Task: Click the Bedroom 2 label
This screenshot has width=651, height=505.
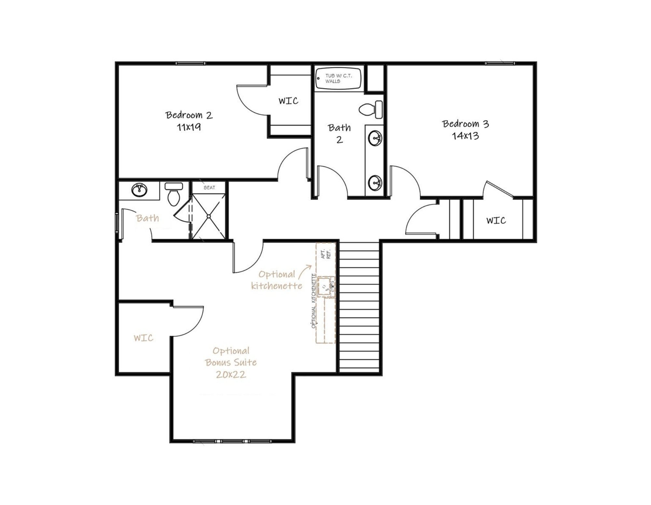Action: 189,115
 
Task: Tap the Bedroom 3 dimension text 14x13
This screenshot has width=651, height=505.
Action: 465,136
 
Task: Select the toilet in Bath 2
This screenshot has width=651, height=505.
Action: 371,109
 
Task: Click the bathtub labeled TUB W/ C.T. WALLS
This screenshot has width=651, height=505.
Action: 338,78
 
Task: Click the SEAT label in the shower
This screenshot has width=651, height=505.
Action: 209,188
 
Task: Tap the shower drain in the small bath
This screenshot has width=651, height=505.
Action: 209,216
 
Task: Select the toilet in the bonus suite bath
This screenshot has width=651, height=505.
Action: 173,194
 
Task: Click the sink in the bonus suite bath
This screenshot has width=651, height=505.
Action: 139,190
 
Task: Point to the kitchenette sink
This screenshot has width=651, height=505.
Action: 326,287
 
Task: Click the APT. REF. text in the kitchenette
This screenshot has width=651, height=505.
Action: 326,254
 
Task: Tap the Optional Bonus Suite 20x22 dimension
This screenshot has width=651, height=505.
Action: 231,374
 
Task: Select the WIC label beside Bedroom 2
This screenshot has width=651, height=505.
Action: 288,101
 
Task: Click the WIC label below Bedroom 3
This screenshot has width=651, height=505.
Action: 496,220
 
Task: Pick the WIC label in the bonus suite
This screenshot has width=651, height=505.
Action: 144,338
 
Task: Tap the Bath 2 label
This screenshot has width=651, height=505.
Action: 339,133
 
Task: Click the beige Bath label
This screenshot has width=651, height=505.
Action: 147,218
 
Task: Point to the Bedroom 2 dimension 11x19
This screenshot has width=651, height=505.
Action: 189,127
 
